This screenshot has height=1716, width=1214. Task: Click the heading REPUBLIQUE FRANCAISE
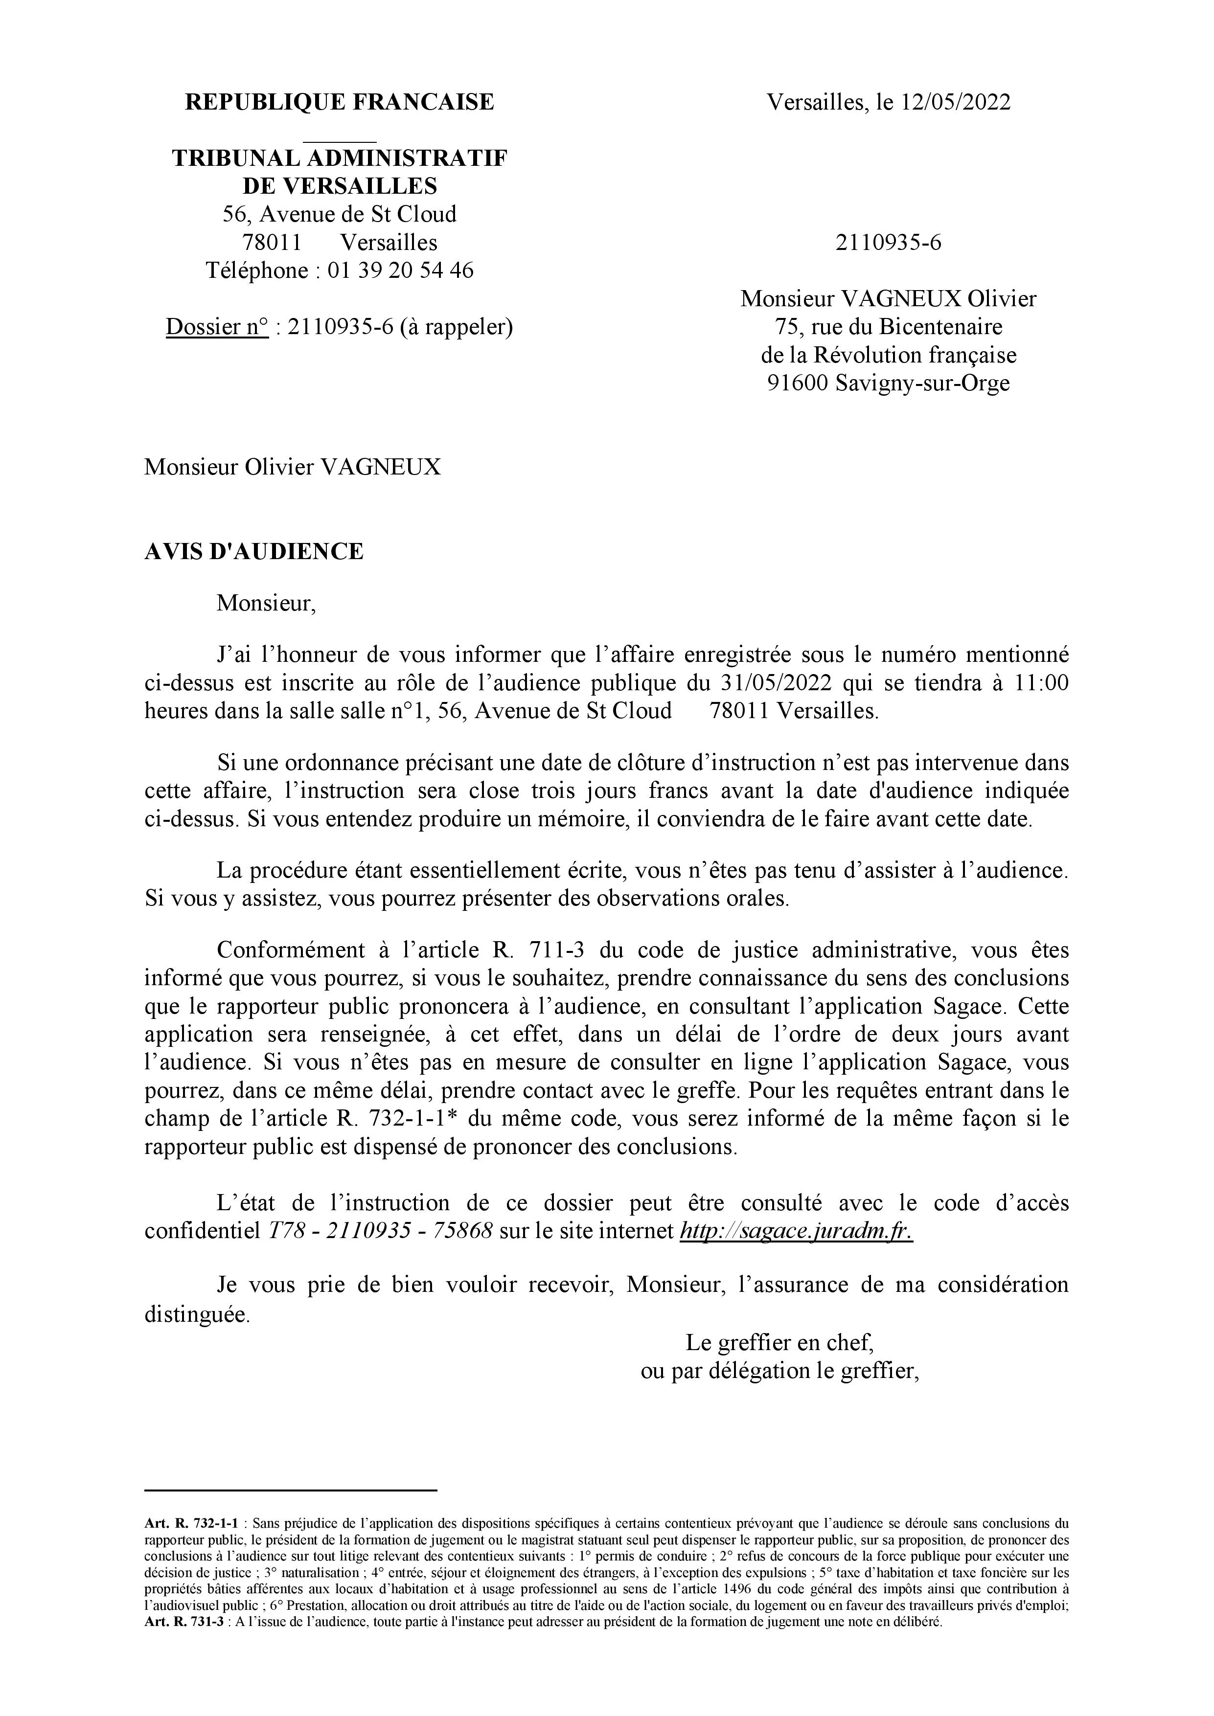[x=340, y=102]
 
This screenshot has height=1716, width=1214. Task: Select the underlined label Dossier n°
[x=217, y=327]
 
